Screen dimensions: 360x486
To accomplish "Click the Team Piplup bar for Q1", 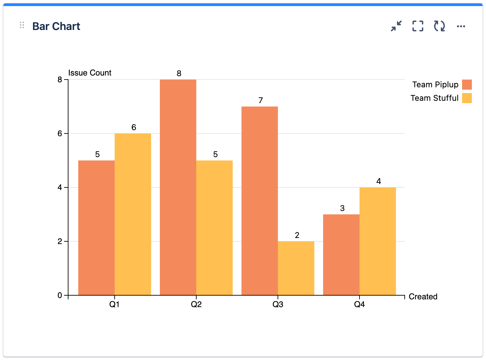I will click(x=96, y=228).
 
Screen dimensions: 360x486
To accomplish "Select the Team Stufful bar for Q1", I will click(x=133, y=214).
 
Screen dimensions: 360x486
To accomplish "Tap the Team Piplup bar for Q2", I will click(x=178, y=187).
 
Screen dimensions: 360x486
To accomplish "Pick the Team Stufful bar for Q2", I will click(x=215, y=228).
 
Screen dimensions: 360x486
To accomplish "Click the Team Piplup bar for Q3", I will click(x=260, y=201).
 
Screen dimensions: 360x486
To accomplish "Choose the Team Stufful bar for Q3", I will click(x=296, y=268).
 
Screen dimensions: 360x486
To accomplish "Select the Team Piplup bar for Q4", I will click(x=341, y=255).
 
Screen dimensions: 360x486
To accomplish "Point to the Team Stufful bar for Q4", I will click(x=378, y=241).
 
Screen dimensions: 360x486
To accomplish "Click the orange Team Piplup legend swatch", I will click(x=467, y=85).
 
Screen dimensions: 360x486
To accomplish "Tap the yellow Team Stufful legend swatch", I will click(x=467, y=98).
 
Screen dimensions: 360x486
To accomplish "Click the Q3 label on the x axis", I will click(x=278, y=304).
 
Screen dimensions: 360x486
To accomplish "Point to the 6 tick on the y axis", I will click(x=60, y=133).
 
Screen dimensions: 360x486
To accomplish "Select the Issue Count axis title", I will click(x=90, y=73).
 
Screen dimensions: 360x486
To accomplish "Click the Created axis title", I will click(x=423, y=297).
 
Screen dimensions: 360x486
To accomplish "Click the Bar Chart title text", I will click(x=56, y=26).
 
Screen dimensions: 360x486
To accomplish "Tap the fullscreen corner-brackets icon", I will click(x=418, y=26).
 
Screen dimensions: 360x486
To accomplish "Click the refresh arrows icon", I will click(x=439, y=26).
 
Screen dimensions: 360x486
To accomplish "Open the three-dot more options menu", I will click(x=461, y=26).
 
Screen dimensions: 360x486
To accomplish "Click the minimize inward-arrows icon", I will click(x=396, y=26).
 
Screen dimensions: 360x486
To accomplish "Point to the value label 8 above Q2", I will click(x=179, y=73).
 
